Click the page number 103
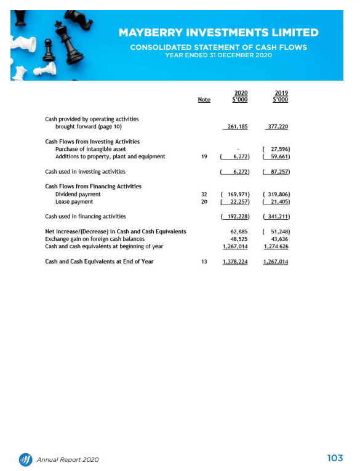(x=335, y=458)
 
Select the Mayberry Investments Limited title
(x=218, y=33)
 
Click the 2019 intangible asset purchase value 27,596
(x=276, y=149)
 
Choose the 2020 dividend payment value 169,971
(x=236, y=194)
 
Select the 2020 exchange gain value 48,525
(x=238, y=239)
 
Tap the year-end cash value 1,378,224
(x=234, y=262)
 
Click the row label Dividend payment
(x=78, y=194)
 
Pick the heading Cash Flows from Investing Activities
(x=92, y=142)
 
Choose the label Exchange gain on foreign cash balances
(x=95, y=239)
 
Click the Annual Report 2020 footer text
(x=68, y=459)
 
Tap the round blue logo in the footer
(x=25, y=459)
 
